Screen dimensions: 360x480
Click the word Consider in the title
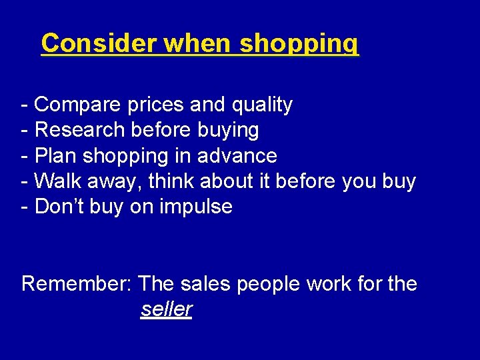[99, 43]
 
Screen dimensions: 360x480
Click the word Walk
[57, 181]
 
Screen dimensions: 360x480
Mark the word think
[172, 181]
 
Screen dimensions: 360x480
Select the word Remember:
[77, 283]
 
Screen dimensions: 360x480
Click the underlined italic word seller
[167, 309]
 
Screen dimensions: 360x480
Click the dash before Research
[25, 131]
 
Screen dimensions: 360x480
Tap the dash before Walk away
[25, 181]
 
